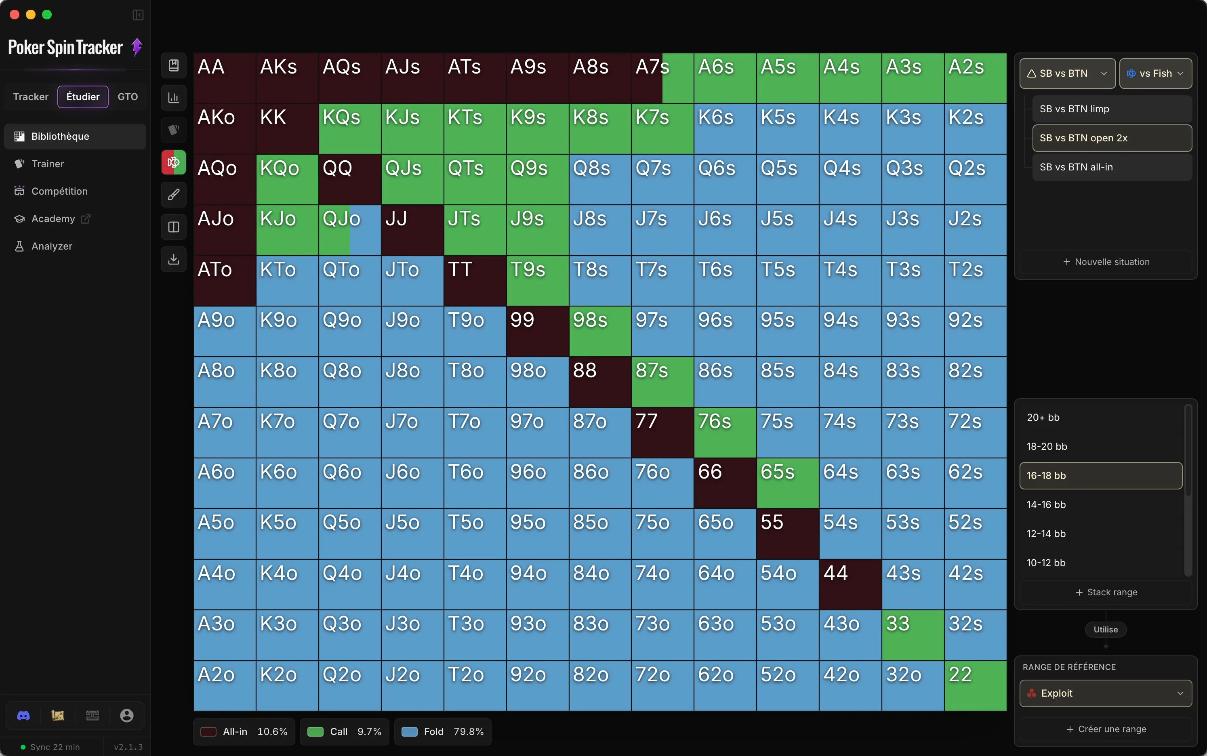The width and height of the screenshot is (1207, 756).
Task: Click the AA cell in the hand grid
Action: (225, 78)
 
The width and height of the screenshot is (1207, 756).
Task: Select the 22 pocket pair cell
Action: (975, 685)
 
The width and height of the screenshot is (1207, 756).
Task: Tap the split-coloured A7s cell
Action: (662, 78)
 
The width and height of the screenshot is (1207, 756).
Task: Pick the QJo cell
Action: (350, 230)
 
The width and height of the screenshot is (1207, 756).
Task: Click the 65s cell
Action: (788, 483)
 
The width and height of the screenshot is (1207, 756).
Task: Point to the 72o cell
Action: (662, 685)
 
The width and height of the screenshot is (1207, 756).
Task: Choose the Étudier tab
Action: (83, 97)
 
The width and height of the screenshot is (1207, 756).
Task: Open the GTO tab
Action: (128, 97)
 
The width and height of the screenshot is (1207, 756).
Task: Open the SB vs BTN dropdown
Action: (1067, 73)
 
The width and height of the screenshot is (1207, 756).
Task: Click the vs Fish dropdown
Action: (1155, 73)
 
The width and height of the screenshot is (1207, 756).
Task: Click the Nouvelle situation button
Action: (1106, 262)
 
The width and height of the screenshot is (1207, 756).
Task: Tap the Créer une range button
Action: (1106, 729)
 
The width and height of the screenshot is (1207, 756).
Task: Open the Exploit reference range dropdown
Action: (1106, 693)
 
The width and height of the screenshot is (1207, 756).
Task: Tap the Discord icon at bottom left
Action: (23, 716)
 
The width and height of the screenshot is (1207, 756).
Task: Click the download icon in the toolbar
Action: (174, 259)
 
